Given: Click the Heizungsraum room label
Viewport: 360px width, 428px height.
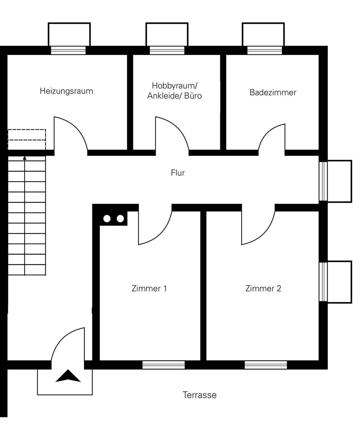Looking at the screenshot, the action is point(66,91).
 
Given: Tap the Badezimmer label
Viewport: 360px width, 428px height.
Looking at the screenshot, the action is point(273,92).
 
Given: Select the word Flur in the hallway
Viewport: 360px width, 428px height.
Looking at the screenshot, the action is point(178,173).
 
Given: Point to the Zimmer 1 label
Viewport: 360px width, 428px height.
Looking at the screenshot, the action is point(149,288).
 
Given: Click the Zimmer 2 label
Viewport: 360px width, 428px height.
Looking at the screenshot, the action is point(263,288).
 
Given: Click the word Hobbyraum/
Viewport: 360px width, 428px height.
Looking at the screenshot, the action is point(175,86).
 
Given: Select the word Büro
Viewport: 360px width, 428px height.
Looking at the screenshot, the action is point(193,96).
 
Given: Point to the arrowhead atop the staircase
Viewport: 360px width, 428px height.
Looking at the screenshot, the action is point(25,158).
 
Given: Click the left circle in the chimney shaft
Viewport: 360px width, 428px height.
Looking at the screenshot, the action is point(107,218).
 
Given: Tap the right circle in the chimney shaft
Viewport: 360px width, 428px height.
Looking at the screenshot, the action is point(120,218).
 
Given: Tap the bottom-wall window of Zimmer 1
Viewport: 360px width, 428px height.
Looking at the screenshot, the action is point(163,365).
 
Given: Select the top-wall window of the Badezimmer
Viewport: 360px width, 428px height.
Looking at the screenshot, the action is point(265,50).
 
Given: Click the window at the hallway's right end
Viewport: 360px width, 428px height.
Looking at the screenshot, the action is point(323,181).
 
